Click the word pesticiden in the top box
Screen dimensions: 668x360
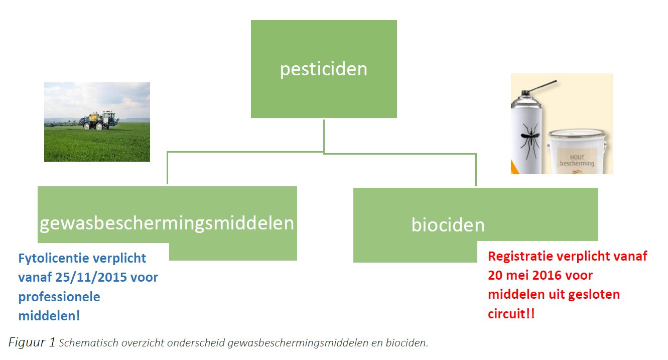324,69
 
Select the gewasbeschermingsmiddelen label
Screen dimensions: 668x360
167,223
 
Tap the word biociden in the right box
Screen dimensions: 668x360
448,224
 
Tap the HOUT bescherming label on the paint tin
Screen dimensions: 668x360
577,161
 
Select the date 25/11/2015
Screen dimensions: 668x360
91,277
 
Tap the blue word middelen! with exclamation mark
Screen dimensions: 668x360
49,316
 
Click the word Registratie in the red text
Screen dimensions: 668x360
520,257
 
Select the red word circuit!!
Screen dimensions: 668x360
511,314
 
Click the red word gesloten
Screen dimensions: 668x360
594,295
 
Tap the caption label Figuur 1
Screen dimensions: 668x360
32,342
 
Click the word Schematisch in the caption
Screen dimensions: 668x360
88,343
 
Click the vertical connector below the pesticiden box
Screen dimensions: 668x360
324,136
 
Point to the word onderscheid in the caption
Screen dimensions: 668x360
196,343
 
